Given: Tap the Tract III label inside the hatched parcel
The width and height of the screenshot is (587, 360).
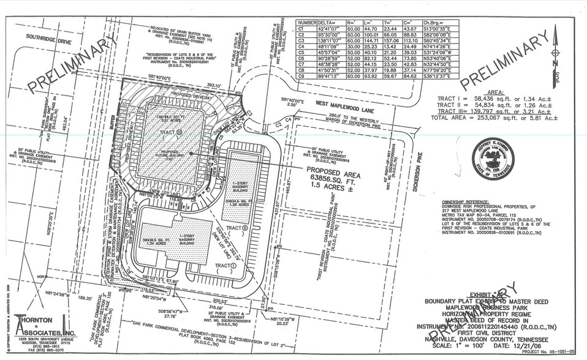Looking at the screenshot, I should (x=172, y=132).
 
